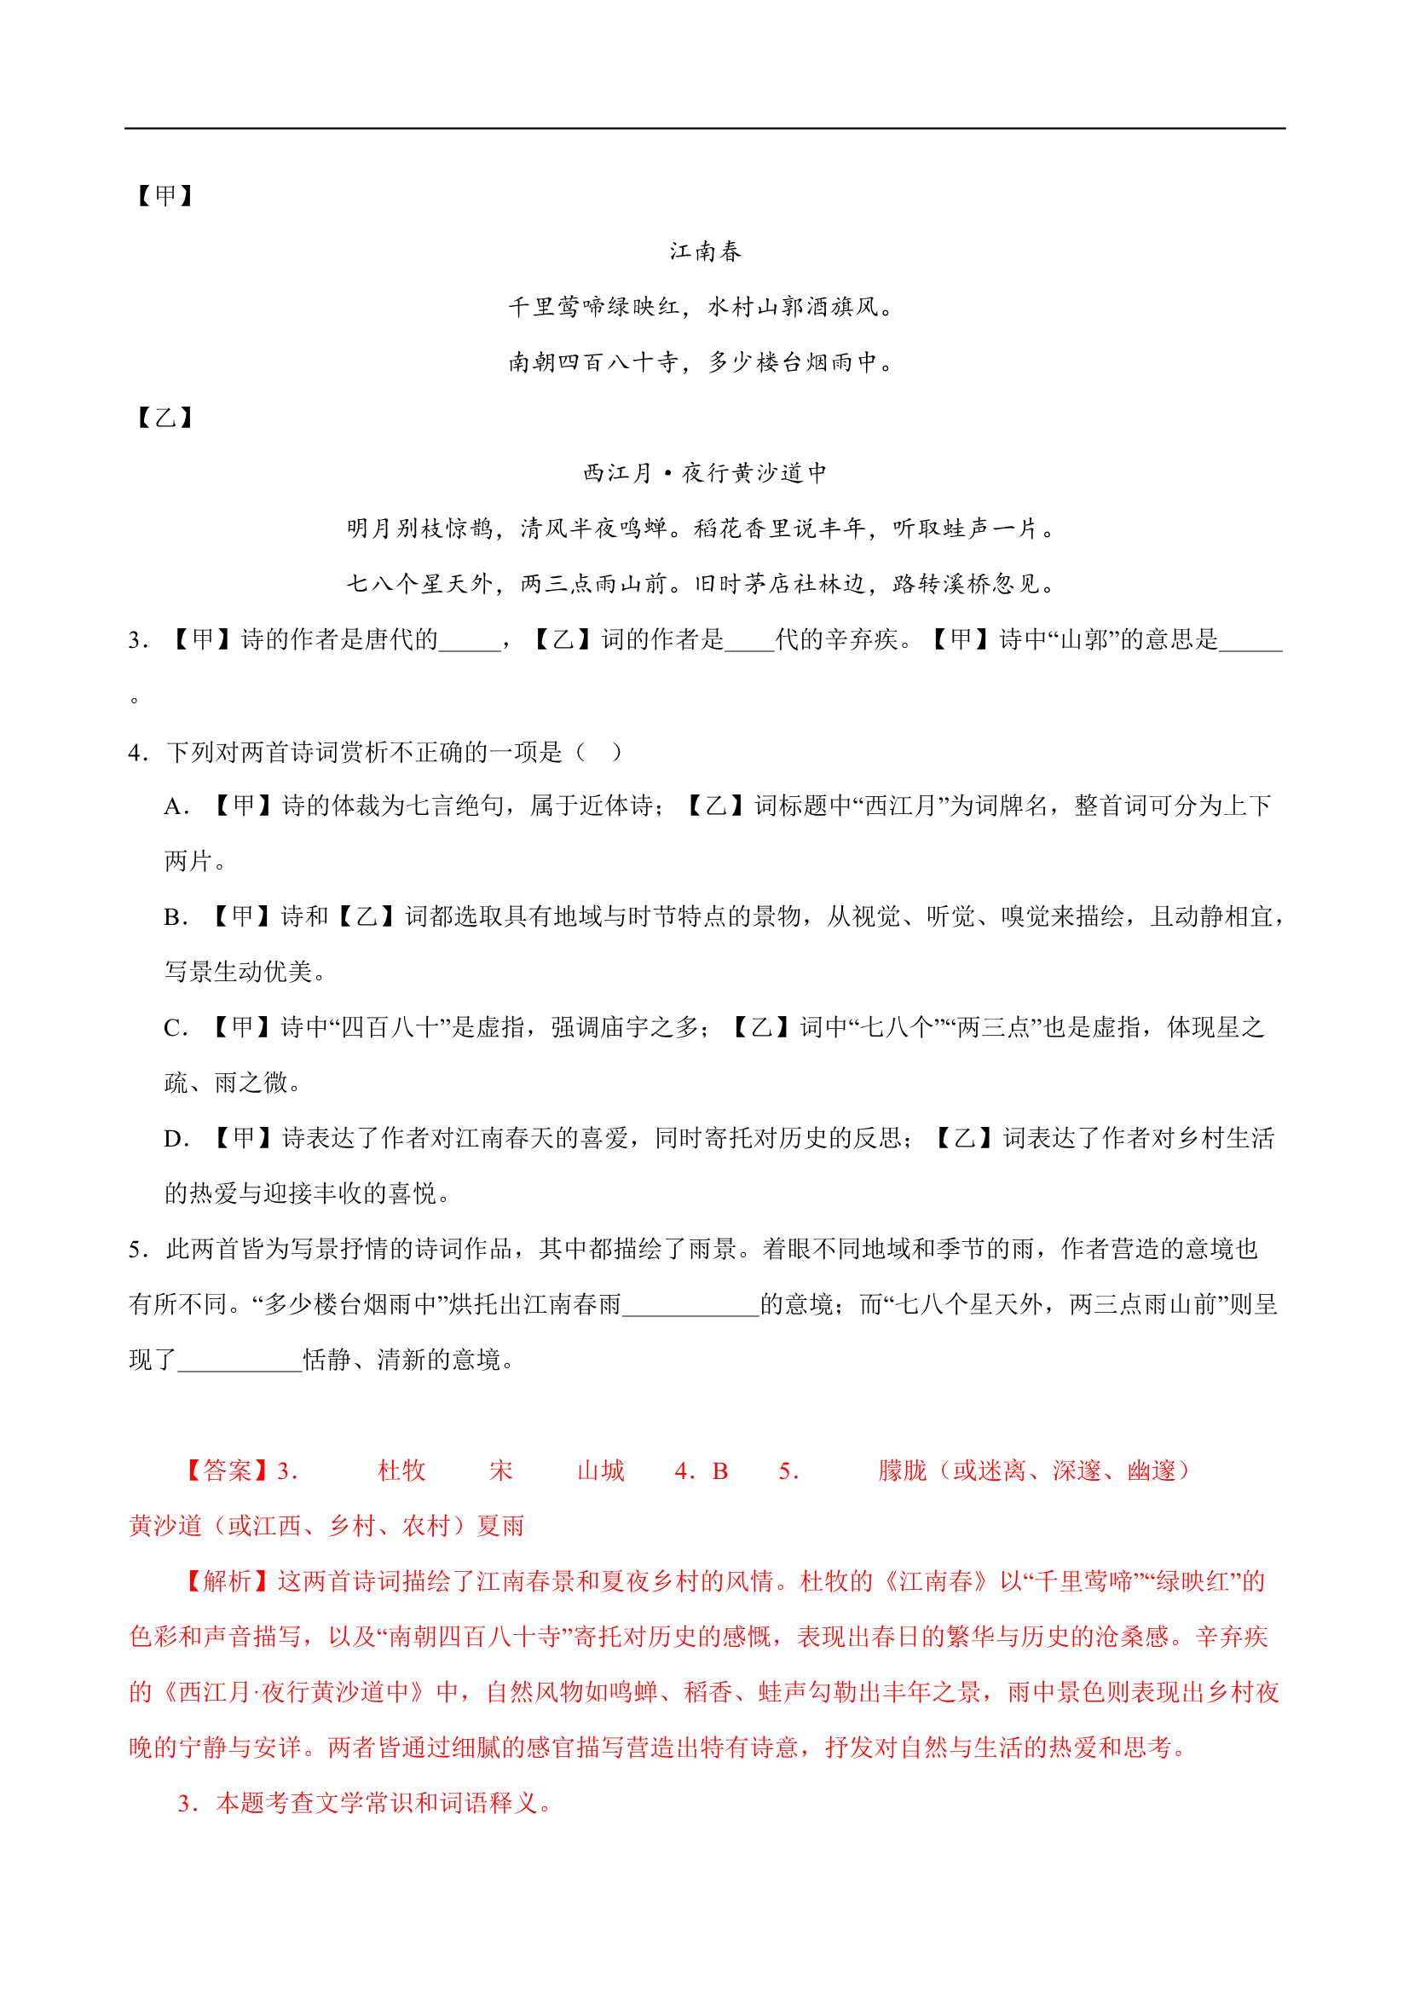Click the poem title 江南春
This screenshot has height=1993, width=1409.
point(704,251)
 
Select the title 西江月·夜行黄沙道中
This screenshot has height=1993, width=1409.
point(704,473)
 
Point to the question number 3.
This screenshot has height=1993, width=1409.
point(137,641)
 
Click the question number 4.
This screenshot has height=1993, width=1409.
point(137,752)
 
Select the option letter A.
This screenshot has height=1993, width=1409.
point(176,807)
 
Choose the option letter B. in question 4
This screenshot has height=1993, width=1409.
point(176,917)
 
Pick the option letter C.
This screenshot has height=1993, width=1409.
point(176,1029)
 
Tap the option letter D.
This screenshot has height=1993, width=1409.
point(176,1140)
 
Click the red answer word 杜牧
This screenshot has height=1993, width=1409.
point(401,1470)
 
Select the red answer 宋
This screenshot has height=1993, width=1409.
point(500,1470)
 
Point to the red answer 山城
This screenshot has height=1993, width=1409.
point(601,1470)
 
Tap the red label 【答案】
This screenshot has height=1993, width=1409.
point(227,1470)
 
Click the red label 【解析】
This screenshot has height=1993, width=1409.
point(227,1581)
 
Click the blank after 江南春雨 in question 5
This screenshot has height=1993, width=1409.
point(691,1304)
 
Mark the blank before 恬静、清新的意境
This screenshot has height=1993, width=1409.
point(240,1360)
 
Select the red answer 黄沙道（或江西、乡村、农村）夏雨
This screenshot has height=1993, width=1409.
point(326,1526)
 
